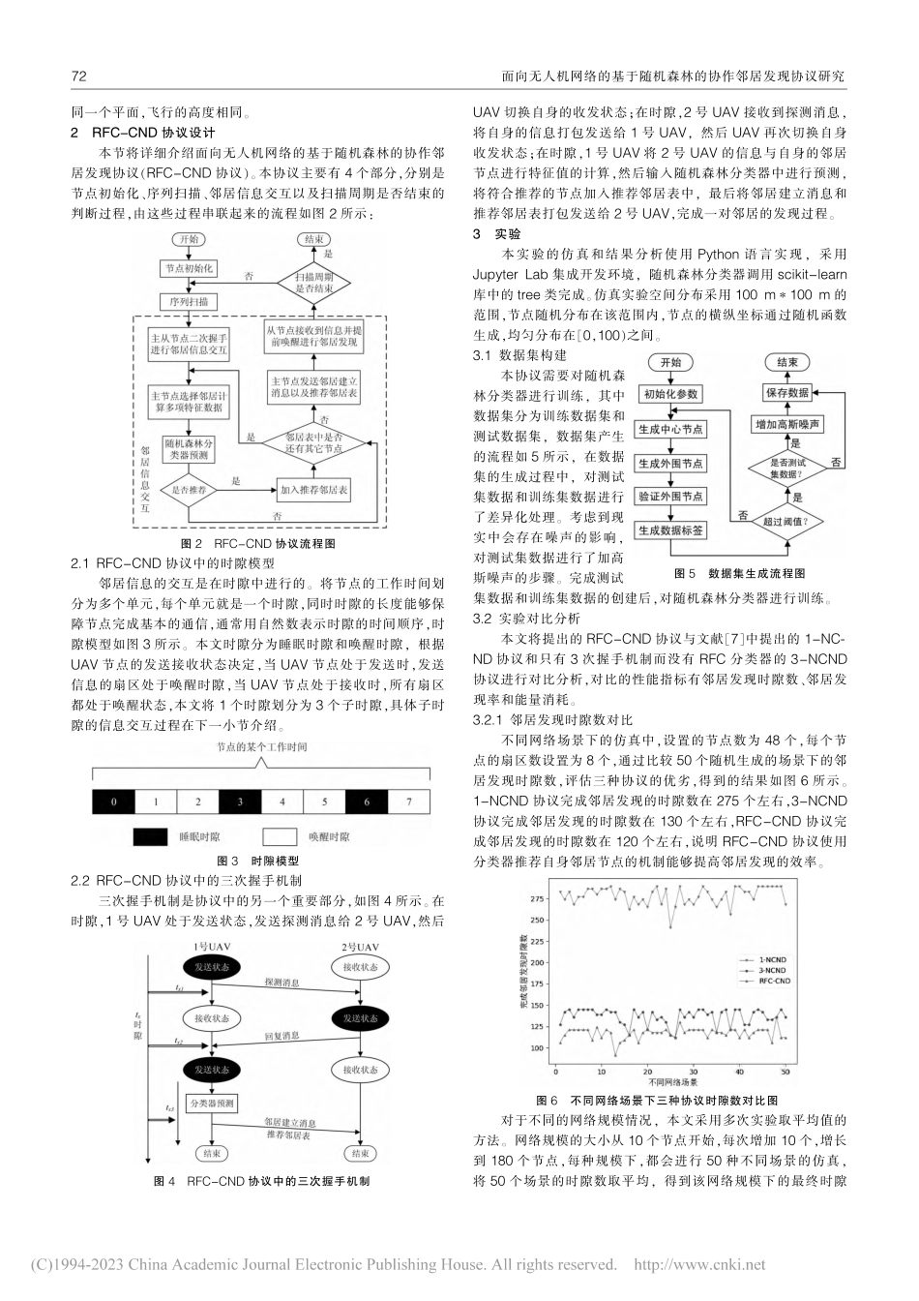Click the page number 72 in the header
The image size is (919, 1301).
tap(79, 75)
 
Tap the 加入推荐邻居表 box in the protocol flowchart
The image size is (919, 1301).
tap(314, 491)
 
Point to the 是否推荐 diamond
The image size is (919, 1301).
tap(189, 491)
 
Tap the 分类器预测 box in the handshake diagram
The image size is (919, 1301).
tap(212, 1104)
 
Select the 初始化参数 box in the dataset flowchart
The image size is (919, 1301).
tap(670, 394)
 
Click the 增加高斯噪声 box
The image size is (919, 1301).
tap(789, 425)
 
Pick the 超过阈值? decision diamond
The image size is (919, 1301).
tap(790, 520)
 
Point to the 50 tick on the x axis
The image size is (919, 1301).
tap(785, 1071)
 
